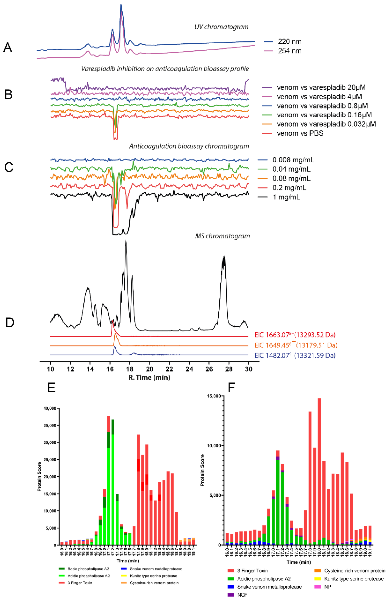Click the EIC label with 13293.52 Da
[x=295, y=335]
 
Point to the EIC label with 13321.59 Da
[x=295, y=355]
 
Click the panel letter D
[x=10, y=323]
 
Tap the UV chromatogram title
[x=221, y=27]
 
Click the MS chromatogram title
[x=222, y=236]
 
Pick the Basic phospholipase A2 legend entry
[x=88, y=569]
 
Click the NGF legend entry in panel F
[x=242, y=595]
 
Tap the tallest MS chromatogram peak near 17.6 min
[x=126, y=242]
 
